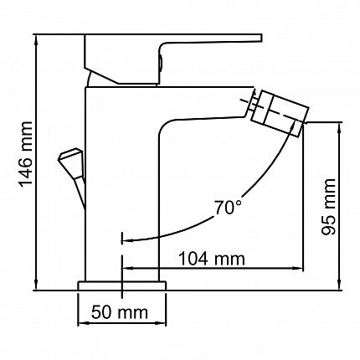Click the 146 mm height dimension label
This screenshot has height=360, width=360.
click(x=26, y=154)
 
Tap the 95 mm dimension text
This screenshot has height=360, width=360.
click(x=328, y=207)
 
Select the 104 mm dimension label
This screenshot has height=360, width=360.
click(x=212, y=259)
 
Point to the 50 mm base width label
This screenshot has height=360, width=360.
click(x=120, y=312)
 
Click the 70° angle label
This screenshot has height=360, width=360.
click(x=228, y=208)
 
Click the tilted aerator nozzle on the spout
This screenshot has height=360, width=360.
click(x=280, y=113)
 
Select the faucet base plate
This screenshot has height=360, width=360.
click(x=122, y=285)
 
